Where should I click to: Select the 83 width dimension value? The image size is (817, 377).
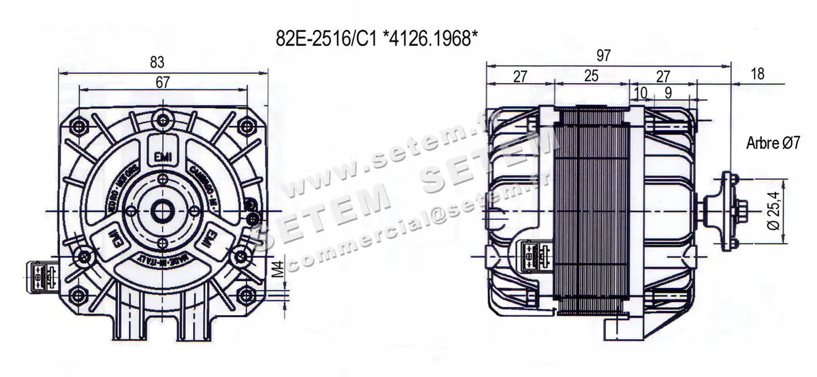(157, 62)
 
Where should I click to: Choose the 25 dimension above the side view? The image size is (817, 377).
(591, 76)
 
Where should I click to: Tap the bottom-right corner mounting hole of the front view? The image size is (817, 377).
(244, 295)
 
